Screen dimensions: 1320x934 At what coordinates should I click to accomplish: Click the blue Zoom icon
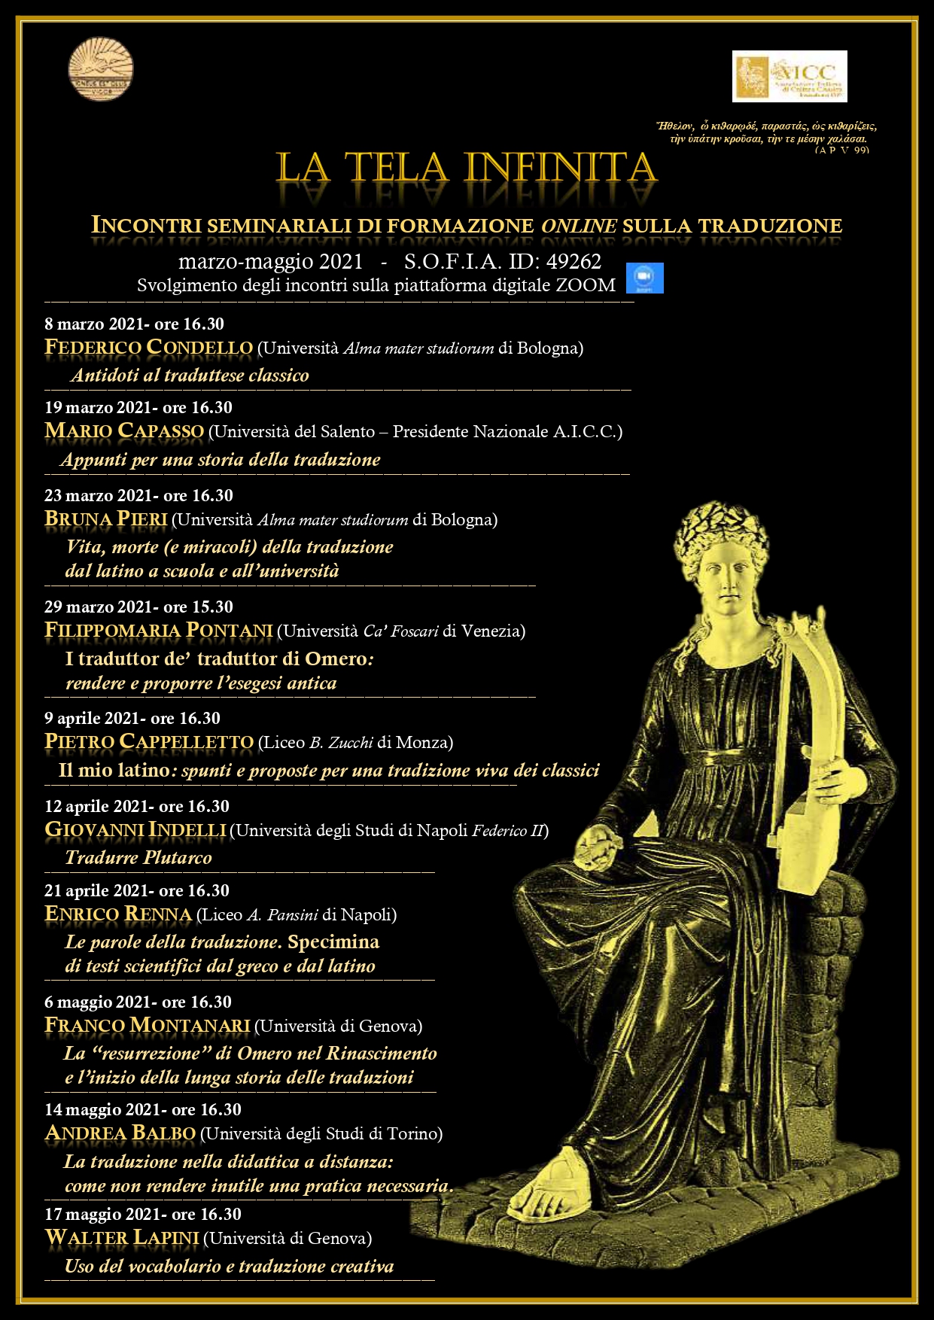(x=645, y=278)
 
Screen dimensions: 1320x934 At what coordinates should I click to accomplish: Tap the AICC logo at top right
(x=789, y=76)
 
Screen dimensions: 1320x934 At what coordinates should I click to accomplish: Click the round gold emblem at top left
(x=101, y=69)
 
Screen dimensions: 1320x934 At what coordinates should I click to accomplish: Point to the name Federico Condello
(x=148, y=348)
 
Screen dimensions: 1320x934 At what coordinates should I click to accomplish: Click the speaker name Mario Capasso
(x=124, y=431)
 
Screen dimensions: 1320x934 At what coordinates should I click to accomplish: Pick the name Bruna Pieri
(x=105, y=519)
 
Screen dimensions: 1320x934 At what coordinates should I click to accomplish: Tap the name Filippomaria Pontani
(x=158, y=631)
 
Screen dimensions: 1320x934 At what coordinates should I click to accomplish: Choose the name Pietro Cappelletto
(x=149, y=742)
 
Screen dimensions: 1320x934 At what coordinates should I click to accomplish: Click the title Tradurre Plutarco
(x=138, y=857)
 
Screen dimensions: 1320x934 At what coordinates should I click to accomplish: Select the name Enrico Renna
(x=118, y=914)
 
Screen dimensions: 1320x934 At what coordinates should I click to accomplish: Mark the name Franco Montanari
(x=147, y=1026)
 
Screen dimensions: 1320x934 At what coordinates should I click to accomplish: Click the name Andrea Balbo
(x=120, y=1133)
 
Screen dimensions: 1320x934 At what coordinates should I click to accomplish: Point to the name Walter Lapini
(x=122, y=1238)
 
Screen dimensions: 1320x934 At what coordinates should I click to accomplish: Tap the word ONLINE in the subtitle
(x=579, y=226)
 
